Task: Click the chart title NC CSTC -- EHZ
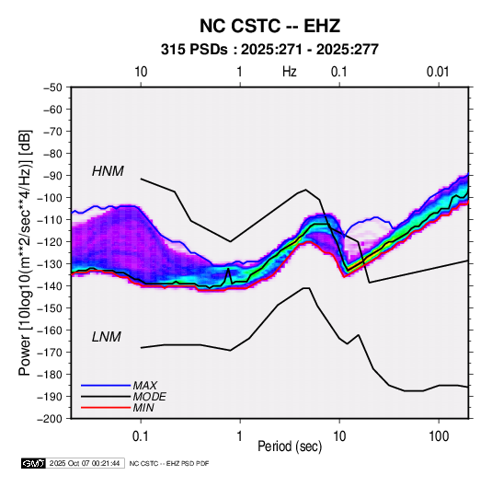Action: coord(269,26)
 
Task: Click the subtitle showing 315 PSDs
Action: coord(269,50)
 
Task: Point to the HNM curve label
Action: coord(108,171)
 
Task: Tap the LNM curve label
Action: coord(107,337)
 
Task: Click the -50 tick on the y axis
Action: coord(52,87)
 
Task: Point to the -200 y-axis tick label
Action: coord(50,419)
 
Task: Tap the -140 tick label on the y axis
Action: coord(50,286)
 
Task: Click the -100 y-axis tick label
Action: coord(50,198)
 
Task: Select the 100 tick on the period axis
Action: coord(439,435)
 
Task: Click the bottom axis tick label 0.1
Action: coord(141,435)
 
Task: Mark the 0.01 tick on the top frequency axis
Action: coord(438,72)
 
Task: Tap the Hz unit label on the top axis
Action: coord(290,72)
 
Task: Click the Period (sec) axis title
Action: coord(290,446)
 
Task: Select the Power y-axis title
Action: coord(25,253)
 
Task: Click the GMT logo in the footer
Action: coord(33,463)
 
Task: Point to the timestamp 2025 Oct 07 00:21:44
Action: coord(85,463)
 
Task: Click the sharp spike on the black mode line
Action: coord(228,269)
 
